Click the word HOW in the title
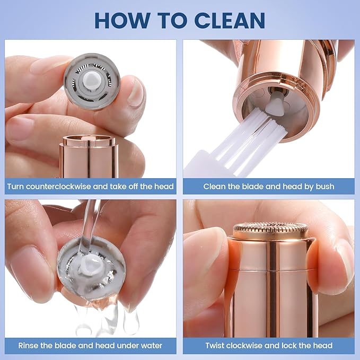click(118, 20)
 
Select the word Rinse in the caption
click(30, 345)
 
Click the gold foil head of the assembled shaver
click(270, 230)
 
